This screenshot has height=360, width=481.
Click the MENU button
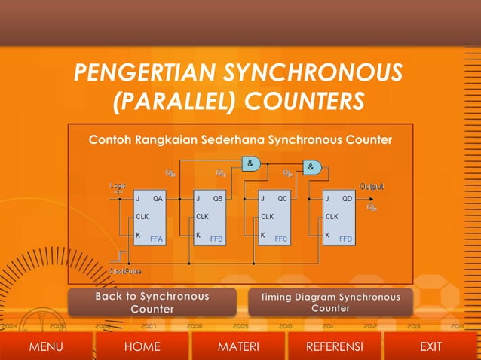45,346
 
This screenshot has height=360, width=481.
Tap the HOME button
142,346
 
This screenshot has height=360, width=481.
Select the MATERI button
238,346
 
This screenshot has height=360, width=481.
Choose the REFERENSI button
335,346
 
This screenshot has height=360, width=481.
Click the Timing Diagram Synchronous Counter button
330,303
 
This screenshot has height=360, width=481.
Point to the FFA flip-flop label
157,239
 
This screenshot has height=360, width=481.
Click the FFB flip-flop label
217,239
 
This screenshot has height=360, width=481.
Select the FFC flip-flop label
281,239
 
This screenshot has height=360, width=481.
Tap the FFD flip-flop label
346,239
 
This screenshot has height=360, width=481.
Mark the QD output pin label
347,199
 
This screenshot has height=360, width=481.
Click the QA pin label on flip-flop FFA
158,199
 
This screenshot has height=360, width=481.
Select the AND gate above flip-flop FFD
311,166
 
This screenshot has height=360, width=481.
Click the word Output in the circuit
371,186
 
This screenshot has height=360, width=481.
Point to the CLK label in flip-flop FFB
202,217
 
